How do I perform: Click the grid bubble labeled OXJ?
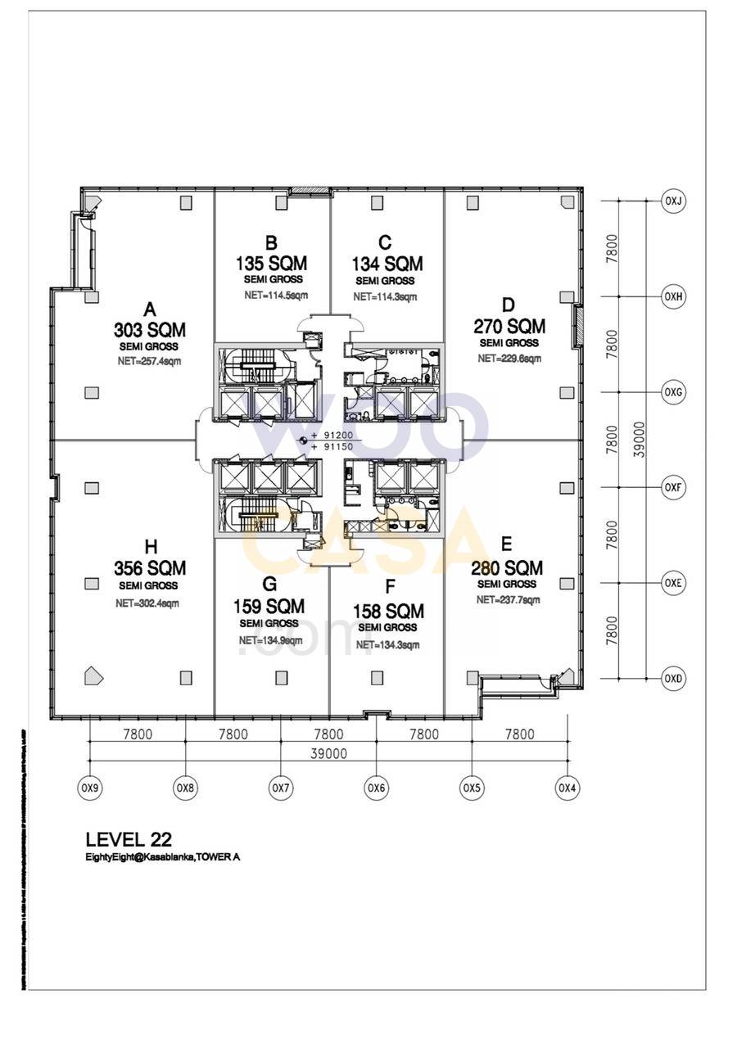tap(674, 201)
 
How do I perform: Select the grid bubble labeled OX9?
tap(89, 788)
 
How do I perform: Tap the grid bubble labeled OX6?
tap(376, 788)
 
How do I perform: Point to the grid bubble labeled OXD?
tap(674, 679)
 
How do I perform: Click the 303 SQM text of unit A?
tap(150, 330)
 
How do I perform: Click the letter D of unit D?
tap(509, 305)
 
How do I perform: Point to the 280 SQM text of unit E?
tap(507, 567)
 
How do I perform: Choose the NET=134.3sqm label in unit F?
tap(388, 645)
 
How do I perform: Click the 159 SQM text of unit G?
tap(269, 607)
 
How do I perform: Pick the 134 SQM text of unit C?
tap(387, 264)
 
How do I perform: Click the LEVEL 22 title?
tap(129, 839)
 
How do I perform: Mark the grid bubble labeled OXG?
tap(674, 392)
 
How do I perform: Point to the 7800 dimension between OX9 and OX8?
tap(137, 734)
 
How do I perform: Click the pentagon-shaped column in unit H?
tap(94, 675)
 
